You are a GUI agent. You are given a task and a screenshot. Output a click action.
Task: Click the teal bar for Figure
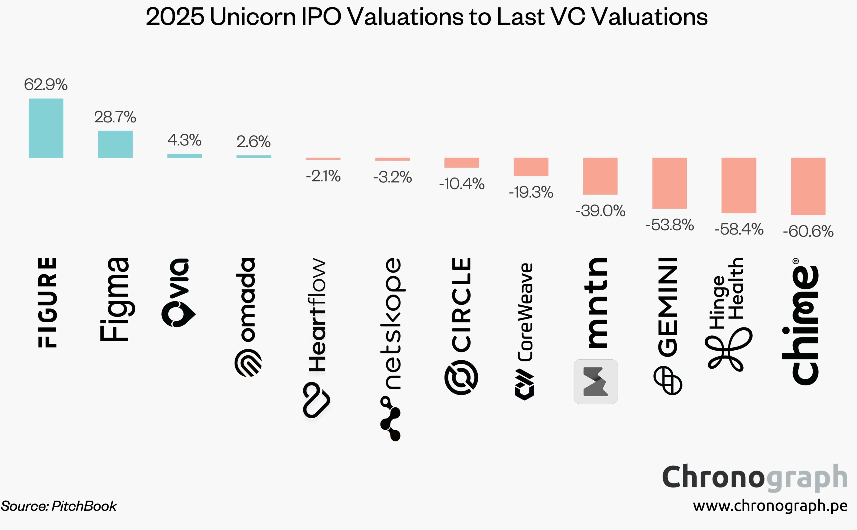46,128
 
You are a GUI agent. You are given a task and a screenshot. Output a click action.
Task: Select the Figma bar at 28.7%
115,144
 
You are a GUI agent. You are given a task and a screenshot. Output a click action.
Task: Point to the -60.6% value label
808,231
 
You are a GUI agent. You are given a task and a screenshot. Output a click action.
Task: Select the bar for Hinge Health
738,185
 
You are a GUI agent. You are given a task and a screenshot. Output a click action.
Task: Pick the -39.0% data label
600,211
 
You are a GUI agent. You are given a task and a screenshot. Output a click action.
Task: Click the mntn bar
600,176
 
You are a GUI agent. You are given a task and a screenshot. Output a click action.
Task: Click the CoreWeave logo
525,331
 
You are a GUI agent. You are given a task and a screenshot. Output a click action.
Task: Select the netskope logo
392,349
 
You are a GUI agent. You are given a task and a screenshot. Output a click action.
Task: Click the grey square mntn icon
595,381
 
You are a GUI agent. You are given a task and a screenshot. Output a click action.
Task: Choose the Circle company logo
461,326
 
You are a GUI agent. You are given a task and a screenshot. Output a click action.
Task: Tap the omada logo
248,317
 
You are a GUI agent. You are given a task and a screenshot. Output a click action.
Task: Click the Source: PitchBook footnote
59,506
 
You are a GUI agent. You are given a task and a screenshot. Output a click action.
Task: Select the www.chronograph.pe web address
770,506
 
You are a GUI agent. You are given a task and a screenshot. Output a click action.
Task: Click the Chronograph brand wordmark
754,477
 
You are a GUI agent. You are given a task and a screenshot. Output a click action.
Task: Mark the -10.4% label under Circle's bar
461,184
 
